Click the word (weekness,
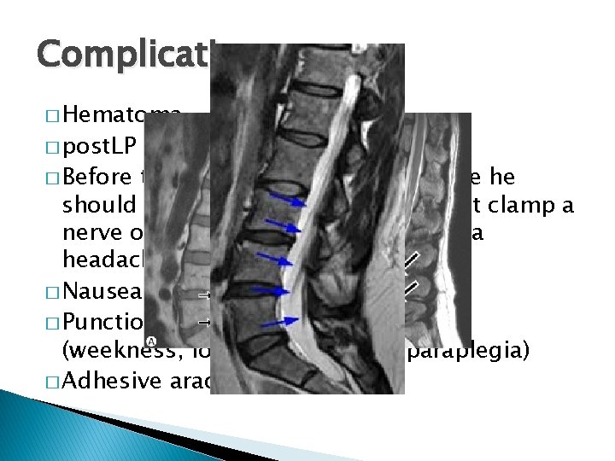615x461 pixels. click(x=112, y=351)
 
